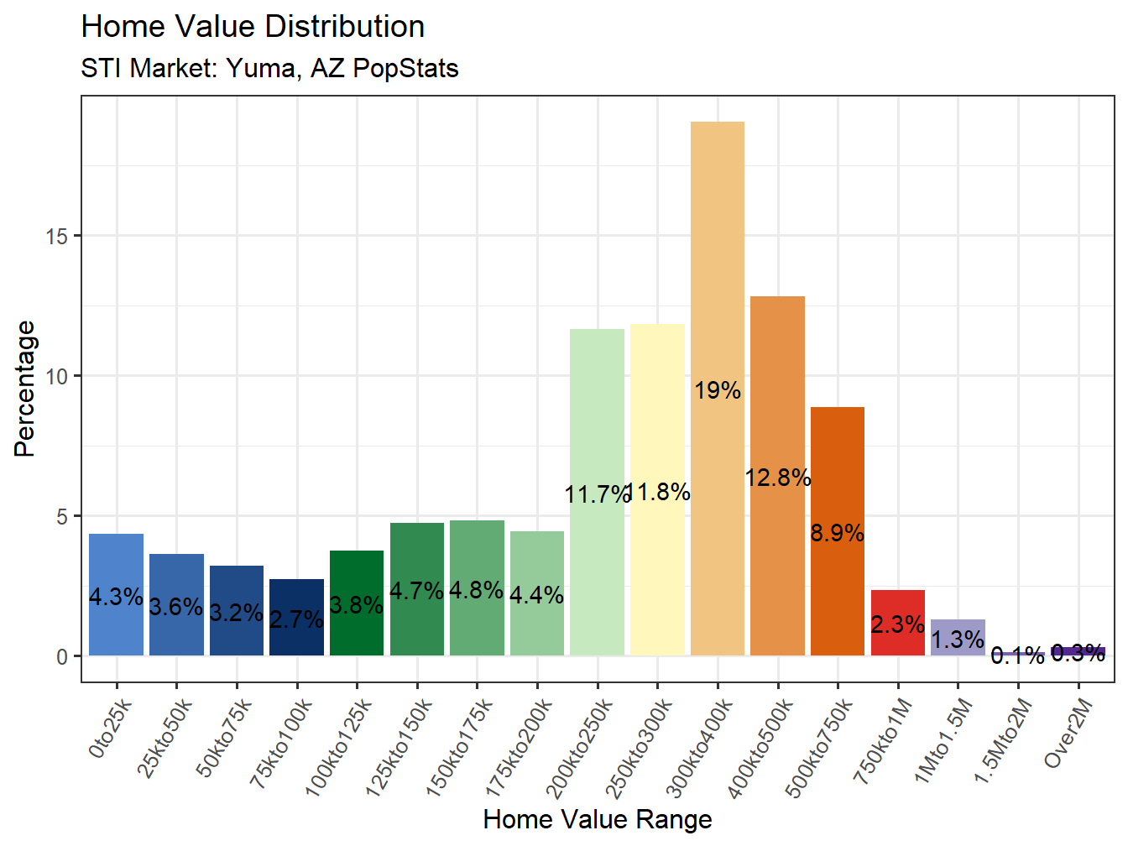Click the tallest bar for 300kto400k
(718, 252)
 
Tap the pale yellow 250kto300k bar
(657, 403)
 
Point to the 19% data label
(718, 390)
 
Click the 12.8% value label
(778, 478)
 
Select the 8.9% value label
(838, 533)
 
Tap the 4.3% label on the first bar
(116, 597)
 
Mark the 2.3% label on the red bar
(897, 624)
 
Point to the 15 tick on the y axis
(56, 237)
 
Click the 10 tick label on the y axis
(56, 377)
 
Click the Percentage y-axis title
(25, 389)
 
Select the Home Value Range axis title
(598, 819)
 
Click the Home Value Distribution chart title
(253, 27)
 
